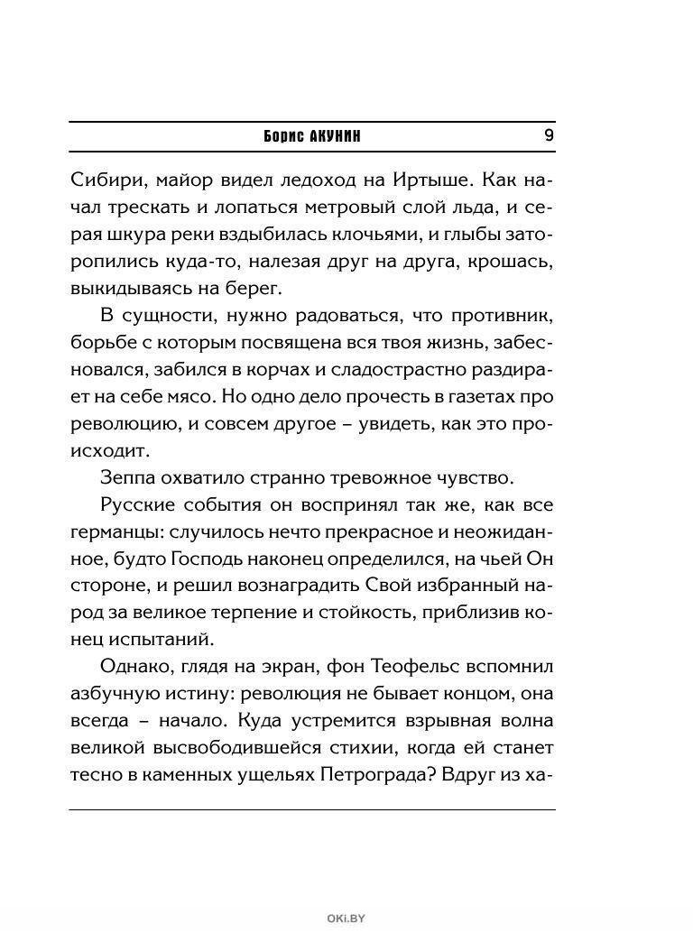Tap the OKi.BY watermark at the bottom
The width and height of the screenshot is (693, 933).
coord(346,919)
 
